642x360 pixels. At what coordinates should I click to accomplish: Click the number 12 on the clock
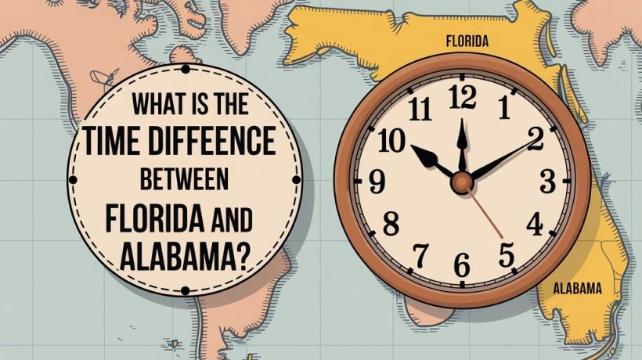[x=463, y=97]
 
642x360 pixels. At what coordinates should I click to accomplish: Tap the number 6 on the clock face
[x=462, y=267]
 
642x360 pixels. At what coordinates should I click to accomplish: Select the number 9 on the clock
[x=377, y=182]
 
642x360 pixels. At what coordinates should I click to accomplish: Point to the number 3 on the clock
[x=547, y=182]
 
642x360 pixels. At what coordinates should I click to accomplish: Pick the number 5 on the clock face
[x=506, y=254]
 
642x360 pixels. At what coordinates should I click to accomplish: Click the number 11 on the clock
[x=420, y=109]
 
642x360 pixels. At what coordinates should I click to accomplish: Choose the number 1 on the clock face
[x=503, y=106]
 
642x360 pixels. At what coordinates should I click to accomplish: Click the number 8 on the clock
[x=390, y=225]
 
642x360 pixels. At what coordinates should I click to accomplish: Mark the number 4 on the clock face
[x=535, y=225]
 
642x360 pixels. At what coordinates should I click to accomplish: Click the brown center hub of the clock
[x=462, y=182]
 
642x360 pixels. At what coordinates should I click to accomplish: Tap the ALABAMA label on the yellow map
[x=577, y=289]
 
